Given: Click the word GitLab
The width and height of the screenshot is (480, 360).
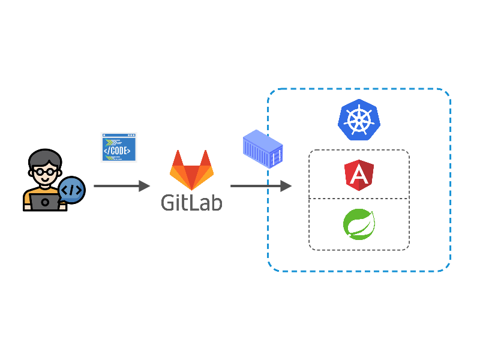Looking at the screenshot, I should (x=191, y=202).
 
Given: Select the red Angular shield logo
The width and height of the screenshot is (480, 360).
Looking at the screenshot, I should (x=359, y=174).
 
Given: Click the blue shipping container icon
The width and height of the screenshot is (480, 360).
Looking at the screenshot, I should (x=262, y=151).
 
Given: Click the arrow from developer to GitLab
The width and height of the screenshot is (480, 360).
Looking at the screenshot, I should (x=120, y=186).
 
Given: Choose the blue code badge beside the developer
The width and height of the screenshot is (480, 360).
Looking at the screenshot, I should (x=72, y=190).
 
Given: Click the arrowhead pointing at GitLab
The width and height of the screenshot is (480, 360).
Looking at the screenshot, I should (x=144, y=186).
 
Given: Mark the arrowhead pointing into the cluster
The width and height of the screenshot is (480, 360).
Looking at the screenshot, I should (x=286, y=186).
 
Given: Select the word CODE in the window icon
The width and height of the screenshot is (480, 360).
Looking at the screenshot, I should (x=119, y=151).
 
